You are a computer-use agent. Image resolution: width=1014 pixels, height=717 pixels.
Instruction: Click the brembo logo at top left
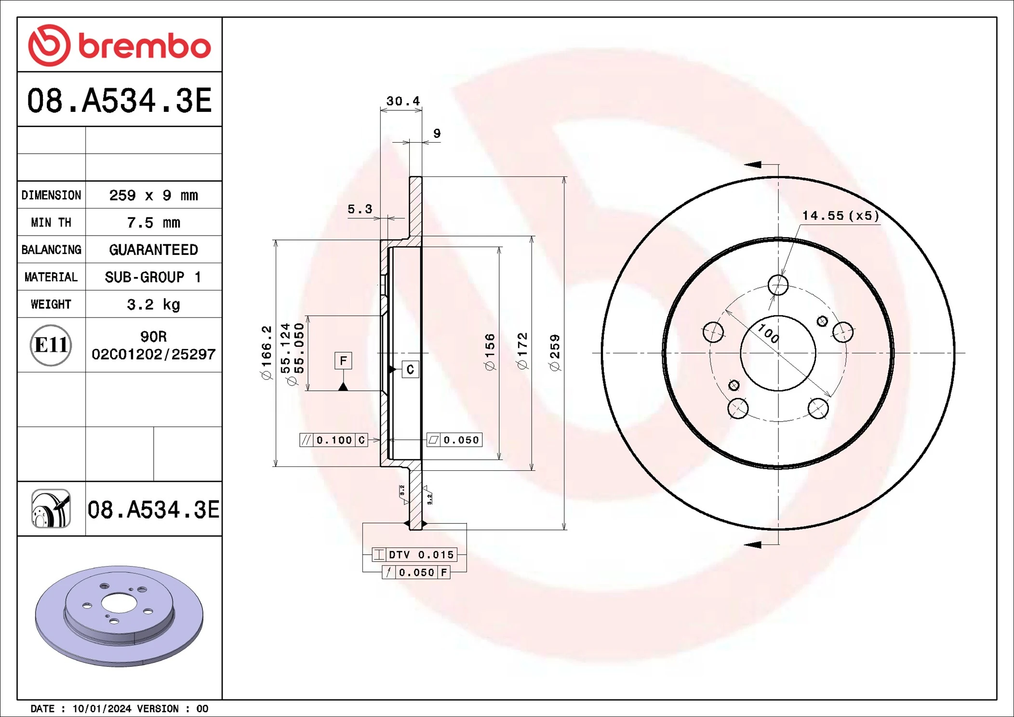[119, 45]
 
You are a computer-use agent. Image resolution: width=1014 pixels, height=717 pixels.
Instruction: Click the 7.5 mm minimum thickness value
[153, 223]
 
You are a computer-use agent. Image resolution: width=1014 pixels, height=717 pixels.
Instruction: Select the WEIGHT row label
[51, 304]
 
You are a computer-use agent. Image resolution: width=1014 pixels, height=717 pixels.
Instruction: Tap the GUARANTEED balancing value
[153, 250]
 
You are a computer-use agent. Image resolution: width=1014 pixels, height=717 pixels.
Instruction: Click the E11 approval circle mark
[51, 345]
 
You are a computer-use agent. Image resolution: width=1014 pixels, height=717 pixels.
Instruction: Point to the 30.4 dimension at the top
[402, 101]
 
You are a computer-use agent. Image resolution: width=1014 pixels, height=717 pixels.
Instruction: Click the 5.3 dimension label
[360, 209]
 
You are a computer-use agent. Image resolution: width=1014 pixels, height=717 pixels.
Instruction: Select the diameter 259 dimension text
[555, 353]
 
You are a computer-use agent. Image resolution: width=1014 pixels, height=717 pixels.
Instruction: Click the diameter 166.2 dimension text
[266, 353]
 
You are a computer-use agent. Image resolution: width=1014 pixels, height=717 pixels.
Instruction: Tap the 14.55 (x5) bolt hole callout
[840, 215]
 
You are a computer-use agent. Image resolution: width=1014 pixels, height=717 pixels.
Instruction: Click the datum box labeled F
[343, 360]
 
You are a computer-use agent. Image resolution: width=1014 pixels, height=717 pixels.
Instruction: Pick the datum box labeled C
[410, 370]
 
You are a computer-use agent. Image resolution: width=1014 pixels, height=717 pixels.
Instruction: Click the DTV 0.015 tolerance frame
[414, 555]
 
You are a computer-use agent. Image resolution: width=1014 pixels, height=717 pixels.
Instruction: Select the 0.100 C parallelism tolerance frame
[334, 440]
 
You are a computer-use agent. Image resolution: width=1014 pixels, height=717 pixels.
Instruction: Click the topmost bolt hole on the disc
[778, 285]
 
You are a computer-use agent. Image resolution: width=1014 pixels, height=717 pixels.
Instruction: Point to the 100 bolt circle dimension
[768, 333]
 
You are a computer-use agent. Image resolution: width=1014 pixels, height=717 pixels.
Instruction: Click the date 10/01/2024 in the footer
[101, 708]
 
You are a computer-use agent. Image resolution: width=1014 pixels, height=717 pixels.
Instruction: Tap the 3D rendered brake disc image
[119, 615]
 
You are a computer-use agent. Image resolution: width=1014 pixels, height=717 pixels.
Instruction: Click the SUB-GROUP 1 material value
[153, 277]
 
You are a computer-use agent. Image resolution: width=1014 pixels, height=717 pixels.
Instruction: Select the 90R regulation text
[153, 336]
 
